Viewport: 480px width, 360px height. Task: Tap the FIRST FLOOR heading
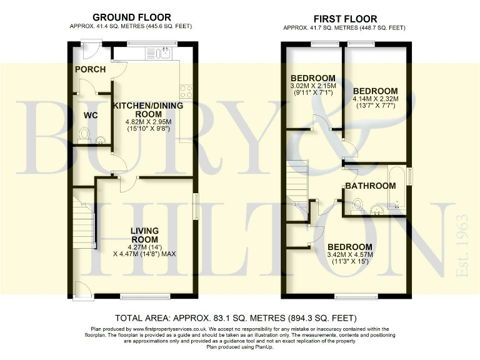[x=344, y=17]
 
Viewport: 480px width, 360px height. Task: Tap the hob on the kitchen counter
[x=186, y=91]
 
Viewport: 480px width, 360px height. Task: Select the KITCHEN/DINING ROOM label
[x=147, y=109]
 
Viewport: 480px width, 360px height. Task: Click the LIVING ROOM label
[x=144, y=235]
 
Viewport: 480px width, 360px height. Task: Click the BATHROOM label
[x=370, y=186]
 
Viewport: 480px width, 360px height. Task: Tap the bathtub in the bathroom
[x=397, y=188]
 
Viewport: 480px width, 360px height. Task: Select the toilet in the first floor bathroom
[x=357, y=205]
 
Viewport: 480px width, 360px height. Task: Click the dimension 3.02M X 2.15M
[x=312, y=86]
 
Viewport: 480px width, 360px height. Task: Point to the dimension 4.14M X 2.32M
[x=374, y=99]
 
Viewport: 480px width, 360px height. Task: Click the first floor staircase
[x=298, y=184]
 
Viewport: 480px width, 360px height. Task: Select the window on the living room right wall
[x=196, y=206]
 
